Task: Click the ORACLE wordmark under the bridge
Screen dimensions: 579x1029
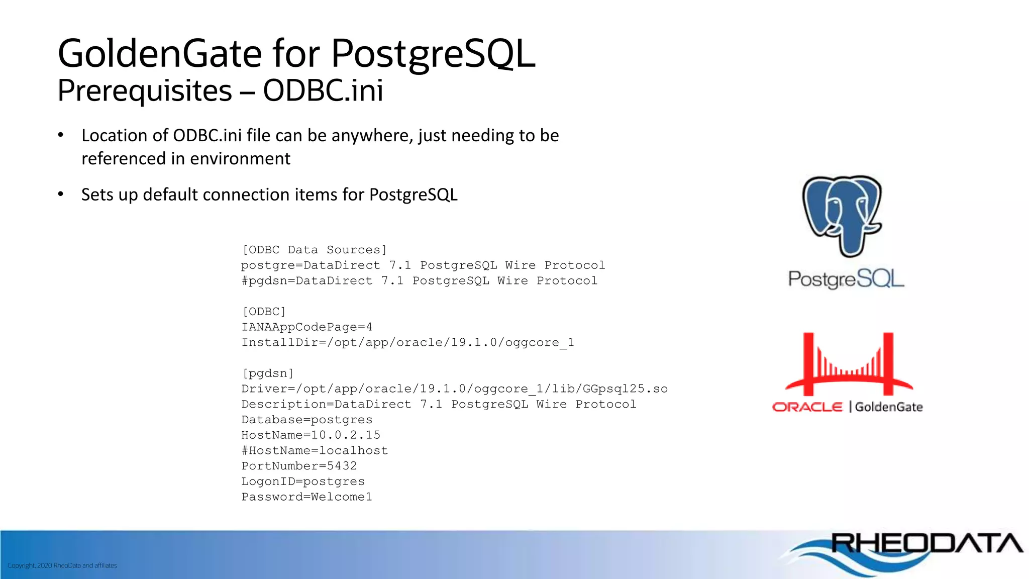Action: pyautogui.click(x=807, y=407)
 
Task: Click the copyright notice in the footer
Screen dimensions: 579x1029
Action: pyautogui.click(x=62, y=565)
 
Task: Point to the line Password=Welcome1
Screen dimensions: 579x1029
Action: pyautogui.click(x=306, y=497)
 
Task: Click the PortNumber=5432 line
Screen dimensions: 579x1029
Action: pyautogui.click(x=299, y=466)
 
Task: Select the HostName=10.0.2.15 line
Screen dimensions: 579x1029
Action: pyautogui.click(x=311, y=435)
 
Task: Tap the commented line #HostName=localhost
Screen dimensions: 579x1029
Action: pyautogui.click(x=315, y=450)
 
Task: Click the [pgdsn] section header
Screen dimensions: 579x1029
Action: pyautogui.click(x=267, y=373)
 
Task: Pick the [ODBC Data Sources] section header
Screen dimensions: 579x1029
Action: pyautogui.click(x=315, y=250)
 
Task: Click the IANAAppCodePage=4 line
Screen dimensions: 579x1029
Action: pyautogui.click(x=306, y=327)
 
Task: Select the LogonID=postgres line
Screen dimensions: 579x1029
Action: pyautogui.click(x=303, y=481)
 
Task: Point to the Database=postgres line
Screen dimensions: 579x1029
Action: pyautogui.click(x=306, y=420)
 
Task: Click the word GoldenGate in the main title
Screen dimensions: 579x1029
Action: pyautogui.click(x=160, y=53)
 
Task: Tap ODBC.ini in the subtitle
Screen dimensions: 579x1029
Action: pyautogui.click(x=323, y=91)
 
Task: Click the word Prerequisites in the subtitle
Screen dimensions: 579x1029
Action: pyautogui.click(x=145, y=91)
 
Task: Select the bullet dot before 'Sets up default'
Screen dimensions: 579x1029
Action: pyautogui.click(x=61, y=194)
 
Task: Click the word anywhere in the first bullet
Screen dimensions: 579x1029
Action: pyautogui.click(x=372, y=136)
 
